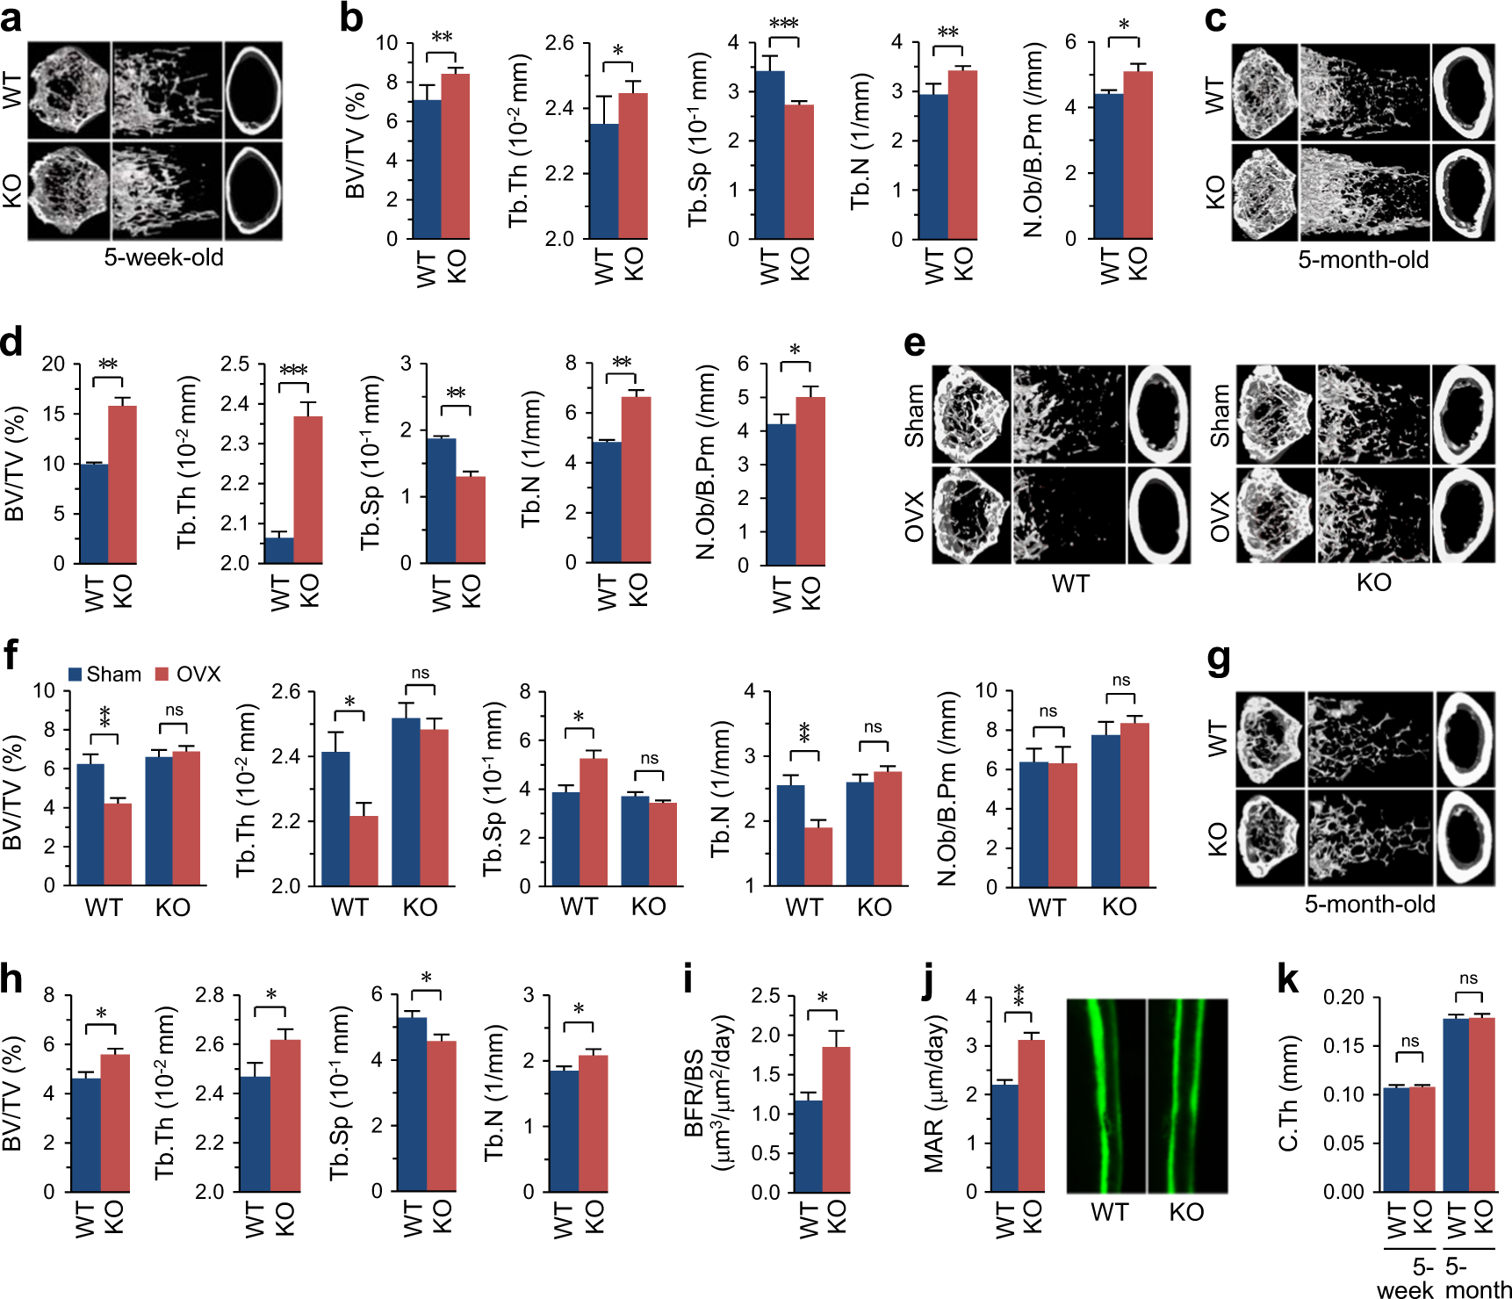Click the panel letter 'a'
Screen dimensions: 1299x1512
[x=11, y=18]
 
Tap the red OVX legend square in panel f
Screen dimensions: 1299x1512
[x=162, y=675]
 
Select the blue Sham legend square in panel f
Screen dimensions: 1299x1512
[x=76, y=675]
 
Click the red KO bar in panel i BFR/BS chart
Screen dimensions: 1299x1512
[x=836, y=1119]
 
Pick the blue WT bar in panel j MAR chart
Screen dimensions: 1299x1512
[x=1004, y=1138]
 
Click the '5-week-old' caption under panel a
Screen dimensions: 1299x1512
[x=163, y=257]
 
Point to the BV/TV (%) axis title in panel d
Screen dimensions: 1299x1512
[x=15, y=463]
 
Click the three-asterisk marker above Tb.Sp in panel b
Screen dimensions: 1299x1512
[x=783, y=24]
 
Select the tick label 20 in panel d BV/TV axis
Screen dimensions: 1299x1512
[x=54, y=364]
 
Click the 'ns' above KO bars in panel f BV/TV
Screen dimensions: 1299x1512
[x=174, y=710]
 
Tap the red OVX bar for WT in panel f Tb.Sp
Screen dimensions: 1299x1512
[x=593, y=821]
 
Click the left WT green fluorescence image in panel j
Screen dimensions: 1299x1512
[x=1105, y=1095]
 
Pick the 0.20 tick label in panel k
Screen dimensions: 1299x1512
[x=1343, y=998]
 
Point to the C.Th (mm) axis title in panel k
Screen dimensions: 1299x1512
[x=1288, y=1093]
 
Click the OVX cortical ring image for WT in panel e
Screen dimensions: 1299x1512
[x=1159, y=516]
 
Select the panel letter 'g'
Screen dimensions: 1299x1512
[x=1218, y=659]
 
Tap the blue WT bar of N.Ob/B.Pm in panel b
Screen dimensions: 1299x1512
[x=1108, y=166]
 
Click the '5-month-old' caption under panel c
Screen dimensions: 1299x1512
[x=1363, y=260]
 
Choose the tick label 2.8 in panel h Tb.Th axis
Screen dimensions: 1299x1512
[x=209, y=995]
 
